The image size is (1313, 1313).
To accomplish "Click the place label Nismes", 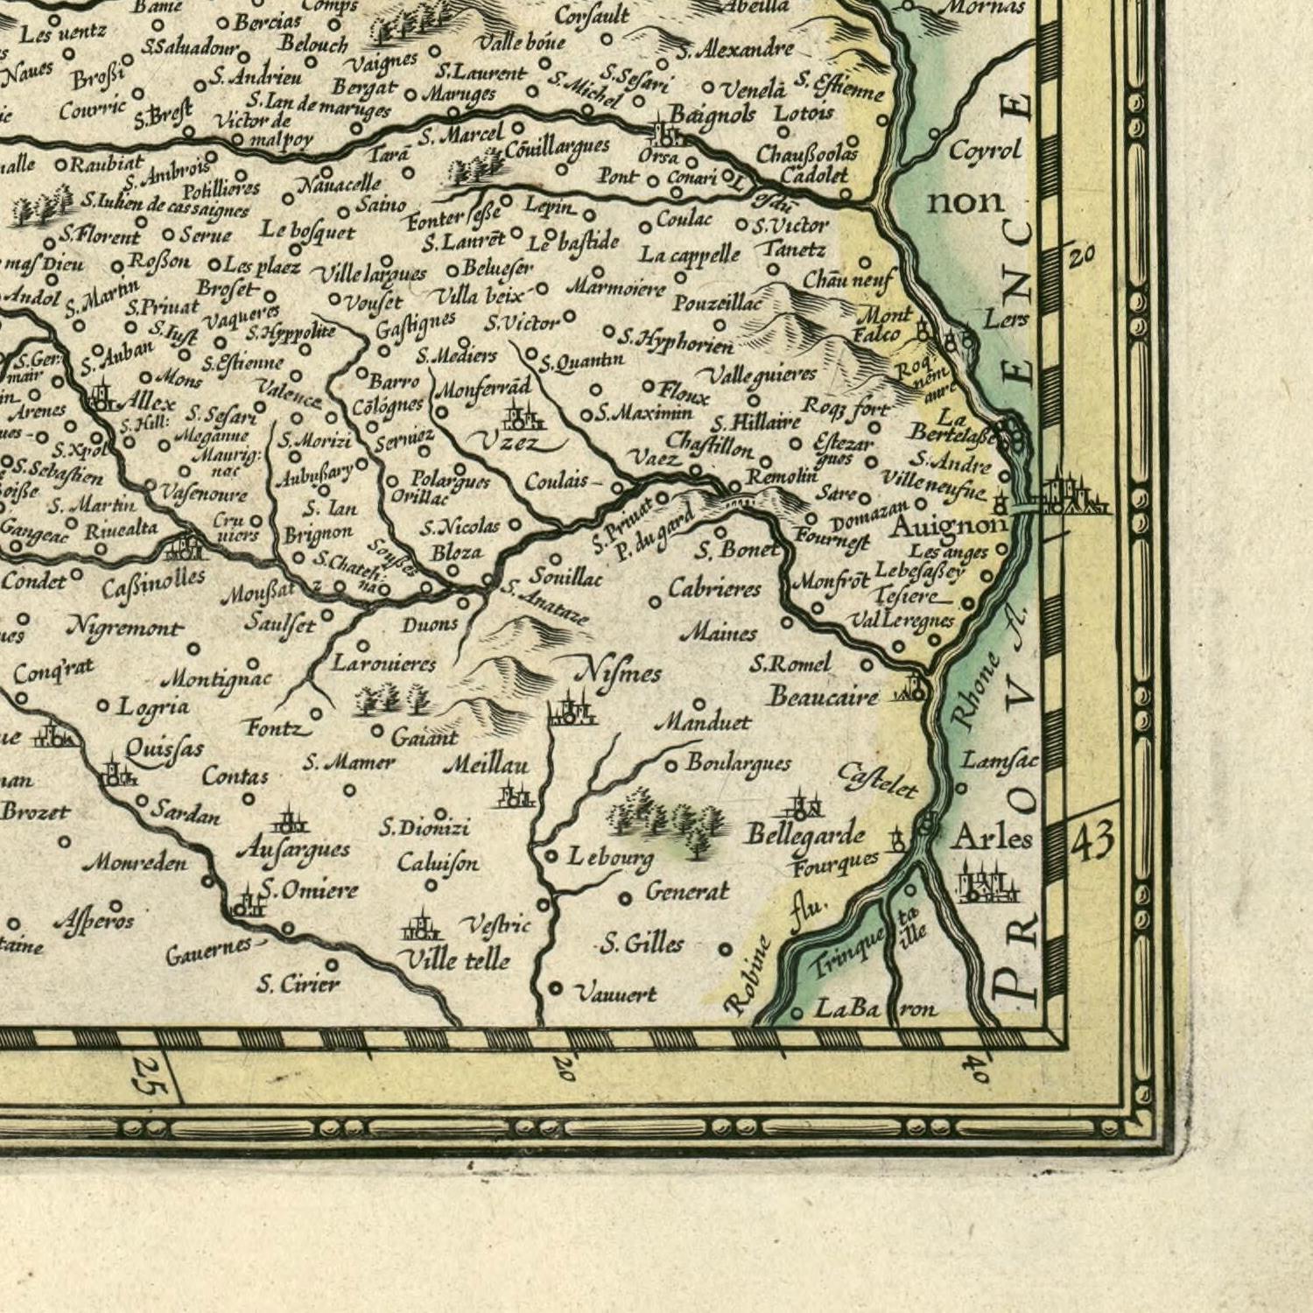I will [x=617, y=674].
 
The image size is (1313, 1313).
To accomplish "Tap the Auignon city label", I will [x=948, y=526].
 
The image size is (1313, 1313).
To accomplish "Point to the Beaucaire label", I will [x=823, y=697].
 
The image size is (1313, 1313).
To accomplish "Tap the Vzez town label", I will [x=510, y=444].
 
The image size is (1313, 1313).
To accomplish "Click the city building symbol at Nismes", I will [x=572, y=711].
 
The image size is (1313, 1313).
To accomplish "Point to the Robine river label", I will [x=748, y=976].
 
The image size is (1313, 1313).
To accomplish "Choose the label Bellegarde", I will [x=804, y=835].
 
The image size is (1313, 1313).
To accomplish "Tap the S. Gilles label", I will [x=642, y=944].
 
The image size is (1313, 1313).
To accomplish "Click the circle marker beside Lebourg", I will [x=551, y=856].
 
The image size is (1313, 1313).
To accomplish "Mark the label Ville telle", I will [x=453, y=960].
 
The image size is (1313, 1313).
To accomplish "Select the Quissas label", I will [x=164, y=748].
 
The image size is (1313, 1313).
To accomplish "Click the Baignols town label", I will [x=712, y=115].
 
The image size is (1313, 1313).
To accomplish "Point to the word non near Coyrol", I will [x=965, y=202].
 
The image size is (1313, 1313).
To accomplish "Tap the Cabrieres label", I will [x=714, y=588].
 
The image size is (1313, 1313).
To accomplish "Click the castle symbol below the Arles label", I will [x=987, y=884].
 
